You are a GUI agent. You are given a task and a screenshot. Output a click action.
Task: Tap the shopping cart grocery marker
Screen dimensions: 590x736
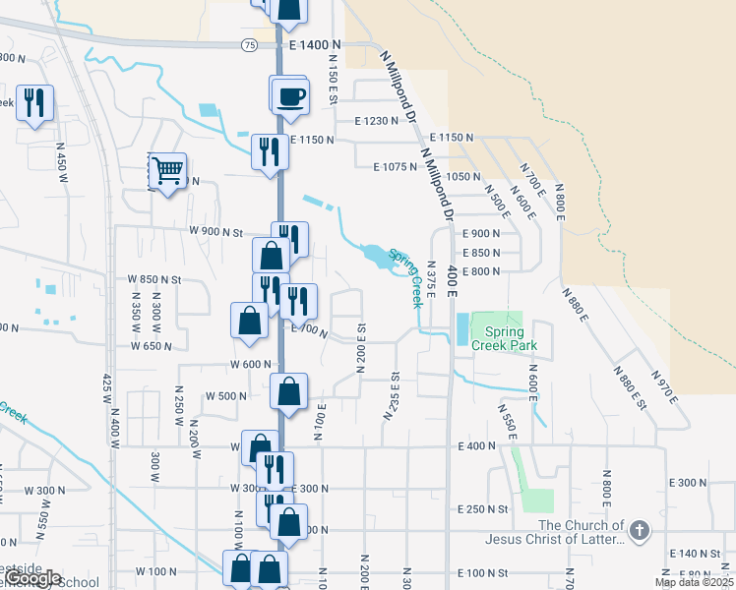point(167,172)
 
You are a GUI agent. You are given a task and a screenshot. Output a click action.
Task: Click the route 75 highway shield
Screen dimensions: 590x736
point(248,45)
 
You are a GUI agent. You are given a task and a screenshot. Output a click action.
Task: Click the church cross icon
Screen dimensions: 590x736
point(639,532)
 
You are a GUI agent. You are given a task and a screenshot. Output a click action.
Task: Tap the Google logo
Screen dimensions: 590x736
point(31,578)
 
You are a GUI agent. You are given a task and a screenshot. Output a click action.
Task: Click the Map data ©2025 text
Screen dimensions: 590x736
point(694,582)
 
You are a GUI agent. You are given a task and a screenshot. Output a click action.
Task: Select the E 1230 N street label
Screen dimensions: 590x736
point(378,121)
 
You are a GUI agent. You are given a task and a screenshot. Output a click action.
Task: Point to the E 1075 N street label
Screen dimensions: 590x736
point(397,167)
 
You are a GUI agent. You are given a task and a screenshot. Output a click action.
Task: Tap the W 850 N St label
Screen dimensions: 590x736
point(155,279)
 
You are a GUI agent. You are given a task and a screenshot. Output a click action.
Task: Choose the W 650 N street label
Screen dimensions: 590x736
point(152,346)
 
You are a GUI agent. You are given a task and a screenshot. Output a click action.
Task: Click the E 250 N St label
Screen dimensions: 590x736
point(483,508)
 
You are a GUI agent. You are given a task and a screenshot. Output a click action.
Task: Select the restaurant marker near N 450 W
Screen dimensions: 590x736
point(35,102)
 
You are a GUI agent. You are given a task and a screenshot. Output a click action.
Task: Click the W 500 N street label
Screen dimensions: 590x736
point(225,396)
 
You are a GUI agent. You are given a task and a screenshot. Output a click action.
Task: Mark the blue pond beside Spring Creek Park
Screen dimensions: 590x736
point(461,328)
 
